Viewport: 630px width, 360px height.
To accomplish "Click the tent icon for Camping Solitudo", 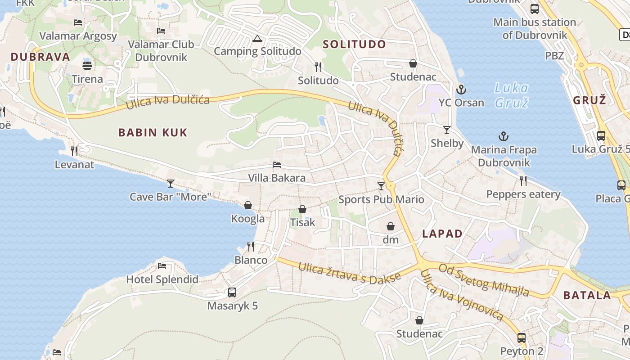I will tap(257, 38).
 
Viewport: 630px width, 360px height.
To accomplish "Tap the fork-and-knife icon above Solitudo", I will tap(318, 67).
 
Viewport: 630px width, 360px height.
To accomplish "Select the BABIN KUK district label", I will tap(153, 132).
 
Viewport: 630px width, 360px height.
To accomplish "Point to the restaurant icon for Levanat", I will tap(74, 150).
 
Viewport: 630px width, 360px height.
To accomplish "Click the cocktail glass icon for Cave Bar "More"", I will tap(171, 183).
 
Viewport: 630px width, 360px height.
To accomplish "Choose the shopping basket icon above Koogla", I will tap(248, 205).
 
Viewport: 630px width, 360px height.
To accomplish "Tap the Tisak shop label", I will tap(302, 222).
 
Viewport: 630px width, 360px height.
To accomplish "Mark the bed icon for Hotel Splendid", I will tap(162, 265).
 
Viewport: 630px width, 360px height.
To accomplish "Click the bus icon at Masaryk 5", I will tap(232, 292).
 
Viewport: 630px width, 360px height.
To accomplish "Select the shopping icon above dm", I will tap(391, 226).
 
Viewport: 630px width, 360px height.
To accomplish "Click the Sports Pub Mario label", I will tap(381, 199).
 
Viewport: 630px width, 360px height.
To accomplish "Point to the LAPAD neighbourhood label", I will tap(442, 234).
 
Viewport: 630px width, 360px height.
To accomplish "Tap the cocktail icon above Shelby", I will tap(447, 130).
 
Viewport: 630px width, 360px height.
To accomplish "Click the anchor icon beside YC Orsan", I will tap(461, 89).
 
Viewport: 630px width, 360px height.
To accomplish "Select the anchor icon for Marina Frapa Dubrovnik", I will tap(503, 136).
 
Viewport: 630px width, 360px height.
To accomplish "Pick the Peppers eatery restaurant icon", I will tap(523, 180).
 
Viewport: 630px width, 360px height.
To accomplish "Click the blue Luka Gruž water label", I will tap(511, 95).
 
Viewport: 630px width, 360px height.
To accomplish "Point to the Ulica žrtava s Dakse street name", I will tap(349, 273).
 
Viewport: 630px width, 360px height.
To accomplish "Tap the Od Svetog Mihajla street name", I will tap(484, 280).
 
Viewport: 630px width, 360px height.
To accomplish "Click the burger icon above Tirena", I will tap(87, 65).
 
